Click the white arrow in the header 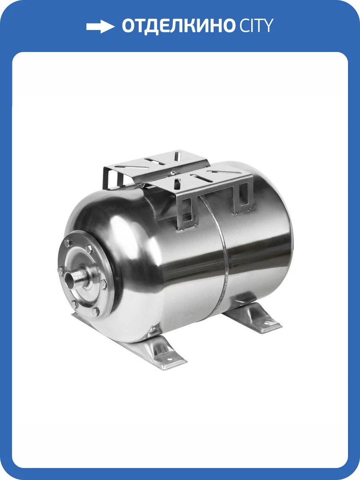pos(100,27)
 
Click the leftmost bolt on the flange pos(60,271)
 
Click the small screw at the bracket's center pos(172,173)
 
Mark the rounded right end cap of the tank pos(280,240)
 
